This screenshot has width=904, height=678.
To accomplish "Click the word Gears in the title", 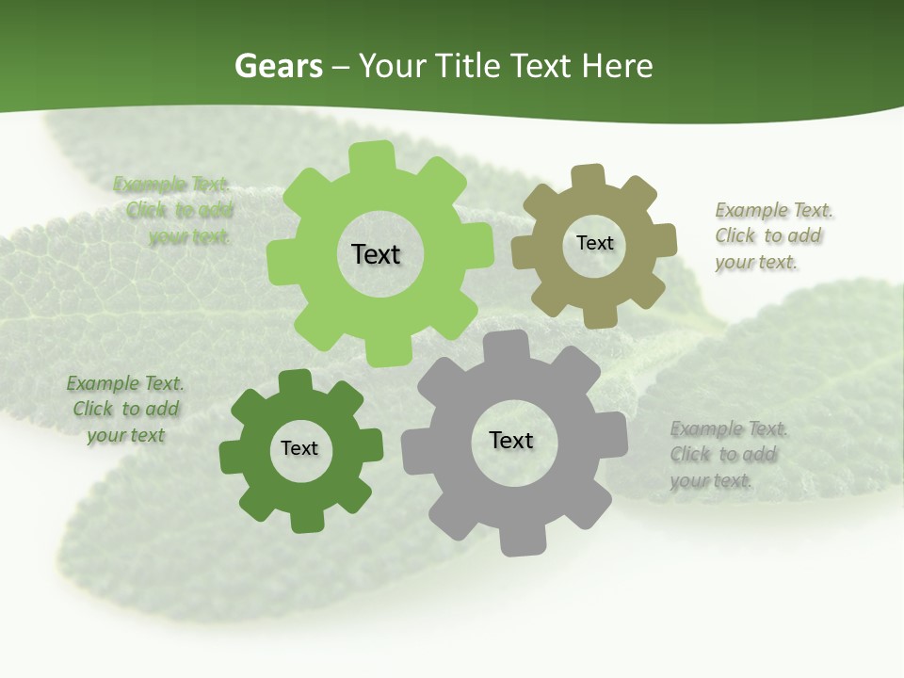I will [x=278, y=66].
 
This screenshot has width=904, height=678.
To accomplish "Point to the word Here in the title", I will [x=617, y=66].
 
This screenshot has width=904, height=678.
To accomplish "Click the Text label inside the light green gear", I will [x=376, y=254].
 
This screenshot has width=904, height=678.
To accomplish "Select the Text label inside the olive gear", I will [x=594, y=243].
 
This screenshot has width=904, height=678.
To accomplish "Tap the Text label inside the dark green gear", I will [x=299, y=449].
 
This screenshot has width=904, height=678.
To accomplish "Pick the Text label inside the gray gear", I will [x=511, y=441].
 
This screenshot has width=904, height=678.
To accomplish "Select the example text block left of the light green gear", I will [x=175, y=210].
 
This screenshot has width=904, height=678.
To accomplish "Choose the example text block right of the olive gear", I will [x=768, y=235].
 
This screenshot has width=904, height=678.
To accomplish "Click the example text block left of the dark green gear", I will [x=125, y=409].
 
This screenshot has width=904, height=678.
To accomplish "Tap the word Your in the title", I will [x=390, y=66].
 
